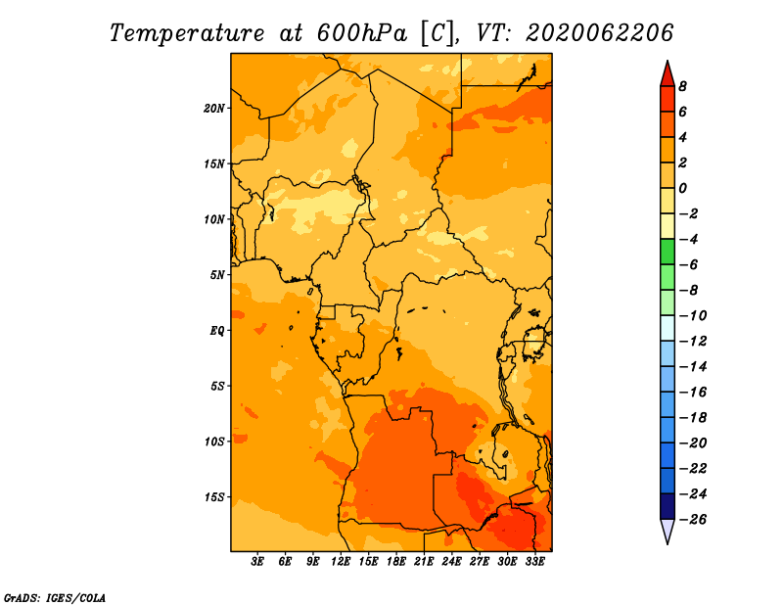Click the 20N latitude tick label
click(x=214, y=109)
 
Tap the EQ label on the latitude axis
click(x=217, y=331)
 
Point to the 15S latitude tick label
click(x=214, y=497)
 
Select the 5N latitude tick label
click(x=217, y=275)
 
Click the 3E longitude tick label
click(x=257, y=562)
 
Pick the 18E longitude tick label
click(x=396, y=562)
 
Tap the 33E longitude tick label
click(x=534, y=562)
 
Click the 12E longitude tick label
click(x=341, y=562)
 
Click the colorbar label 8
click(x=682, y=86)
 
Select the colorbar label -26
click(x=693, y=520)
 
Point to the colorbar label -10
click(x=693, y=316)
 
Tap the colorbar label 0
click(x=682, y=188)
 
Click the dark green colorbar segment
click(x=668, y=252)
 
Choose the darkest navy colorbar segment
click(x=668, y=506)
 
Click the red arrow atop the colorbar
click(x=668, y=75)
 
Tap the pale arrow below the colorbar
click(x=668, y=531)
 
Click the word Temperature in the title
click(x=187, y=33)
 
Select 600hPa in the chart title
click(x=361, y=33)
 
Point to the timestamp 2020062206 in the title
click(x=599, y=33)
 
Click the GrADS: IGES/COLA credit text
click(x=55, y=598)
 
